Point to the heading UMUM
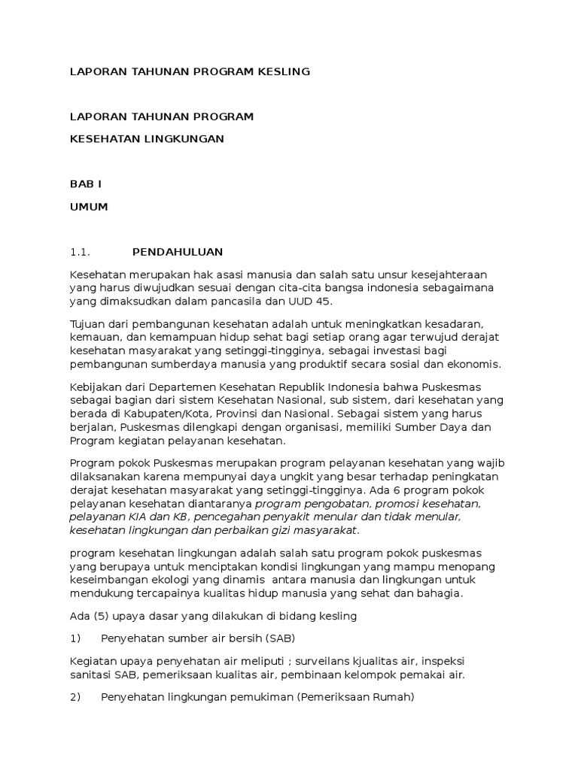tap(89, 207)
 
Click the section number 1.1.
tap(80, 252)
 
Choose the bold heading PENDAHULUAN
tap(178, 252)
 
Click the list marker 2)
tap(75, 697)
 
